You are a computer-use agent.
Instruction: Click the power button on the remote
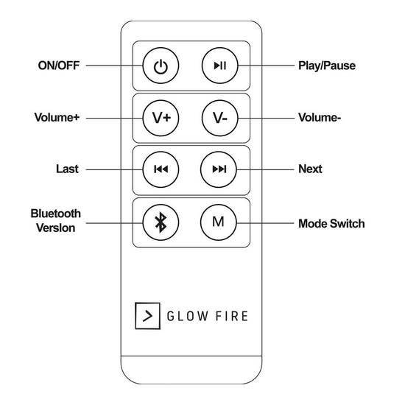(161, 66)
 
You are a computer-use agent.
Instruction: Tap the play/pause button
(219, 66)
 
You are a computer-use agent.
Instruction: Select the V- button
(219, 118)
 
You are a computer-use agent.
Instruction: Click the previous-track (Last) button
(161, 169)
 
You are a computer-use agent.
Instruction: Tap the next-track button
(219, 169)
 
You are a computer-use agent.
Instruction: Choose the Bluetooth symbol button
(161, 222)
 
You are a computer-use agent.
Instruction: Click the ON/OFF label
(59, 66)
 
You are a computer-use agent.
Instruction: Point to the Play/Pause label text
(327, 66)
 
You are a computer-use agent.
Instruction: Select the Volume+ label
(57, 118)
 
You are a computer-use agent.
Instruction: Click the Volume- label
(320, 118)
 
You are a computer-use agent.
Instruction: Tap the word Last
(67, 169)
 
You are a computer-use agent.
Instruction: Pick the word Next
(310, 169)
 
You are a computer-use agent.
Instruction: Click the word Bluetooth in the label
(56, 214)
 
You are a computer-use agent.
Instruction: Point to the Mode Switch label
(331, 224)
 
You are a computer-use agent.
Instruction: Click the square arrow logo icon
(147, 316)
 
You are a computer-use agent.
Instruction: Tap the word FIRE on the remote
(232, 316)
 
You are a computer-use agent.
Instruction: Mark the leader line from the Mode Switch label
(266, 223)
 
